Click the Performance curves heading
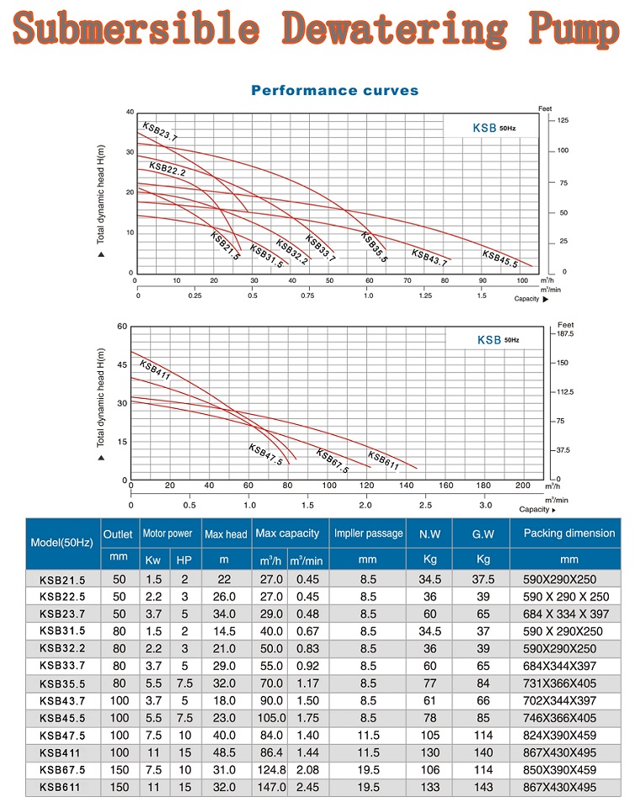pos(334,90)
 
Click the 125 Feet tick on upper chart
pos(563,121)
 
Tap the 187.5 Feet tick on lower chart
pos(565,334)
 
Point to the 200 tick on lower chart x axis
pos(522,486)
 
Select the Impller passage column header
pos(368,534)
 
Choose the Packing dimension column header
pos(569,534)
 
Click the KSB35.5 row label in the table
pos(62,683)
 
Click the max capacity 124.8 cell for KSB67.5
pos(269,769)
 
